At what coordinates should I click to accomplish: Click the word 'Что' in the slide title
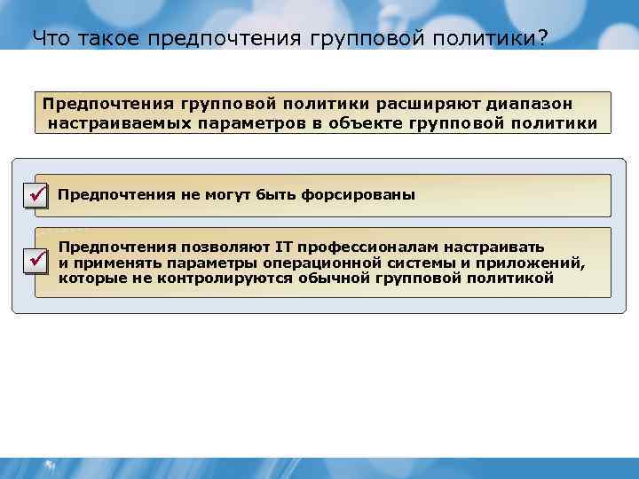(x=51, y=38)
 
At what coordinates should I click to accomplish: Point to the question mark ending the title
(x=542, y=38)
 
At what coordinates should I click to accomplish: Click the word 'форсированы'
(x=369, y=194)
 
